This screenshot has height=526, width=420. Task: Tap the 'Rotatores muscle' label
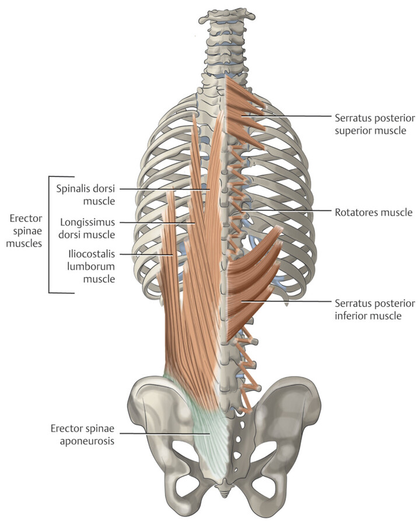pos(373,212)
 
